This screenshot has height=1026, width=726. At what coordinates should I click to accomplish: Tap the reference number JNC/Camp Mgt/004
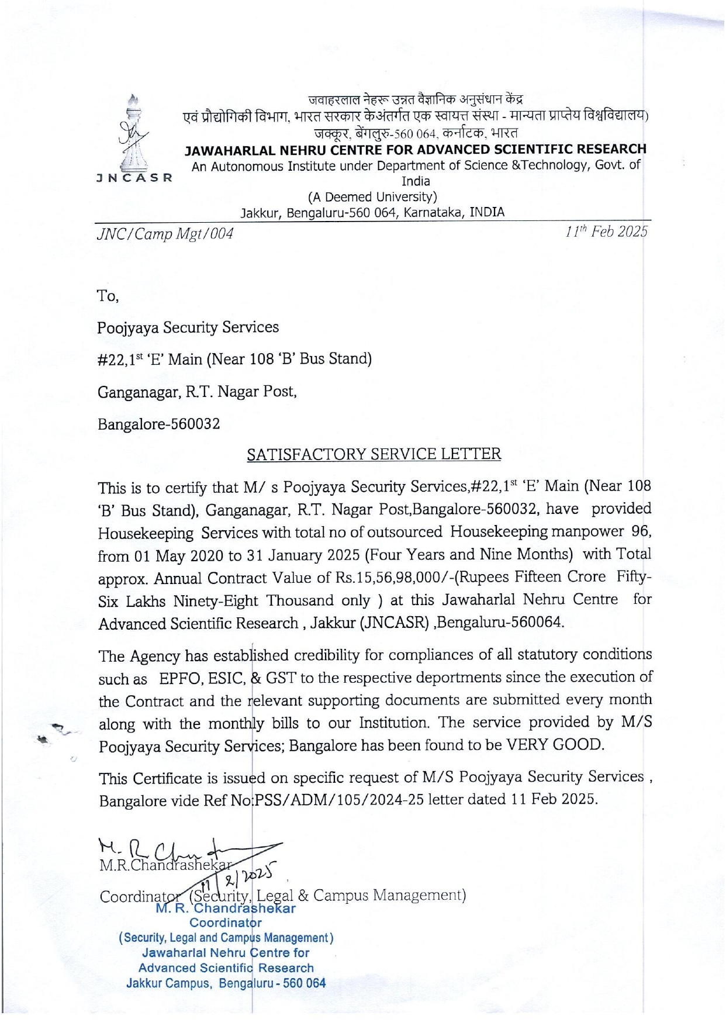(x=165, y=234)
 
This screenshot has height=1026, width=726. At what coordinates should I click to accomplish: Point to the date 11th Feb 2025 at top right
(x=606, y=232)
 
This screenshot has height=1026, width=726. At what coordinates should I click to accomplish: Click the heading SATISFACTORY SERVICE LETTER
(x=374, y=454)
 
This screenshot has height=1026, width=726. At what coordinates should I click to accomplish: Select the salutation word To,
(x=108, y=296)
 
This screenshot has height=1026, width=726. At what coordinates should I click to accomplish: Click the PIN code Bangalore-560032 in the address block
(x=158, y=424)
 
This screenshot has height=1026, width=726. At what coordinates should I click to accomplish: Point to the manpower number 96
(x=641, y=531)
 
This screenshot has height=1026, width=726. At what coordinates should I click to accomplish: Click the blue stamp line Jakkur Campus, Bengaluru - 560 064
(x=226, y=983)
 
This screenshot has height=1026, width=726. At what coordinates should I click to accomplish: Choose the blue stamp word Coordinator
(x=225, y=923)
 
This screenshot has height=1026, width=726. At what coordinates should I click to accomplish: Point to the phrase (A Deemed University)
(x=372, y=197)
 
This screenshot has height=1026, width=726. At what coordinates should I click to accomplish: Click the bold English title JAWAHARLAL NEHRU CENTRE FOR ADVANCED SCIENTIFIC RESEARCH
(x=415, y=150)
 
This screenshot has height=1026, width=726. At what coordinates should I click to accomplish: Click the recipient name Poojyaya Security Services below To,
(x=188, y=327)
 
